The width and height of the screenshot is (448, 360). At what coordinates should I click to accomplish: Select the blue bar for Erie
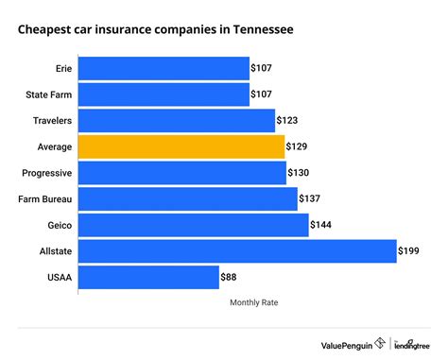(x=164, y=69)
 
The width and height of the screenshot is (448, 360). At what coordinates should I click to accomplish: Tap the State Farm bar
(x=164, y=94)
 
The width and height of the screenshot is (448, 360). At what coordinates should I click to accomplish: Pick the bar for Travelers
(x=176, y=121)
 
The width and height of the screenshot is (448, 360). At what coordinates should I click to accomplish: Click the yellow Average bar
(x=181, y=146)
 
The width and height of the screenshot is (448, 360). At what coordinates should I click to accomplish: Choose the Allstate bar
(x=236, y=250)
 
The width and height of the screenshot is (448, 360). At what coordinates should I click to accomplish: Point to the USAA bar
(x=147, y=277)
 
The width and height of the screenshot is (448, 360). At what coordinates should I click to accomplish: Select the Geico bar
(x=193, y=225)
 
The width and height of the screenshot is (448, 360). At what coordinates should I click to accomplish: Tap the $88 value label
(x=229, y=277)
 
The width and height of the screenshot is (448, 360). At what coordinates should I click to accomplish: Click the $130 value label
(x=300, y=173)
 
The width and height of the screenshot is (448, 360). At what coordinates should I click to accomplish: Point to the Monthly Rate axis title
(x=253, y=303)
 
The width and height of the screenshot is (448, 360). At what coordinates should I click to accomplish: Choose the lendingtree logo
(x=411, y=343)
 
